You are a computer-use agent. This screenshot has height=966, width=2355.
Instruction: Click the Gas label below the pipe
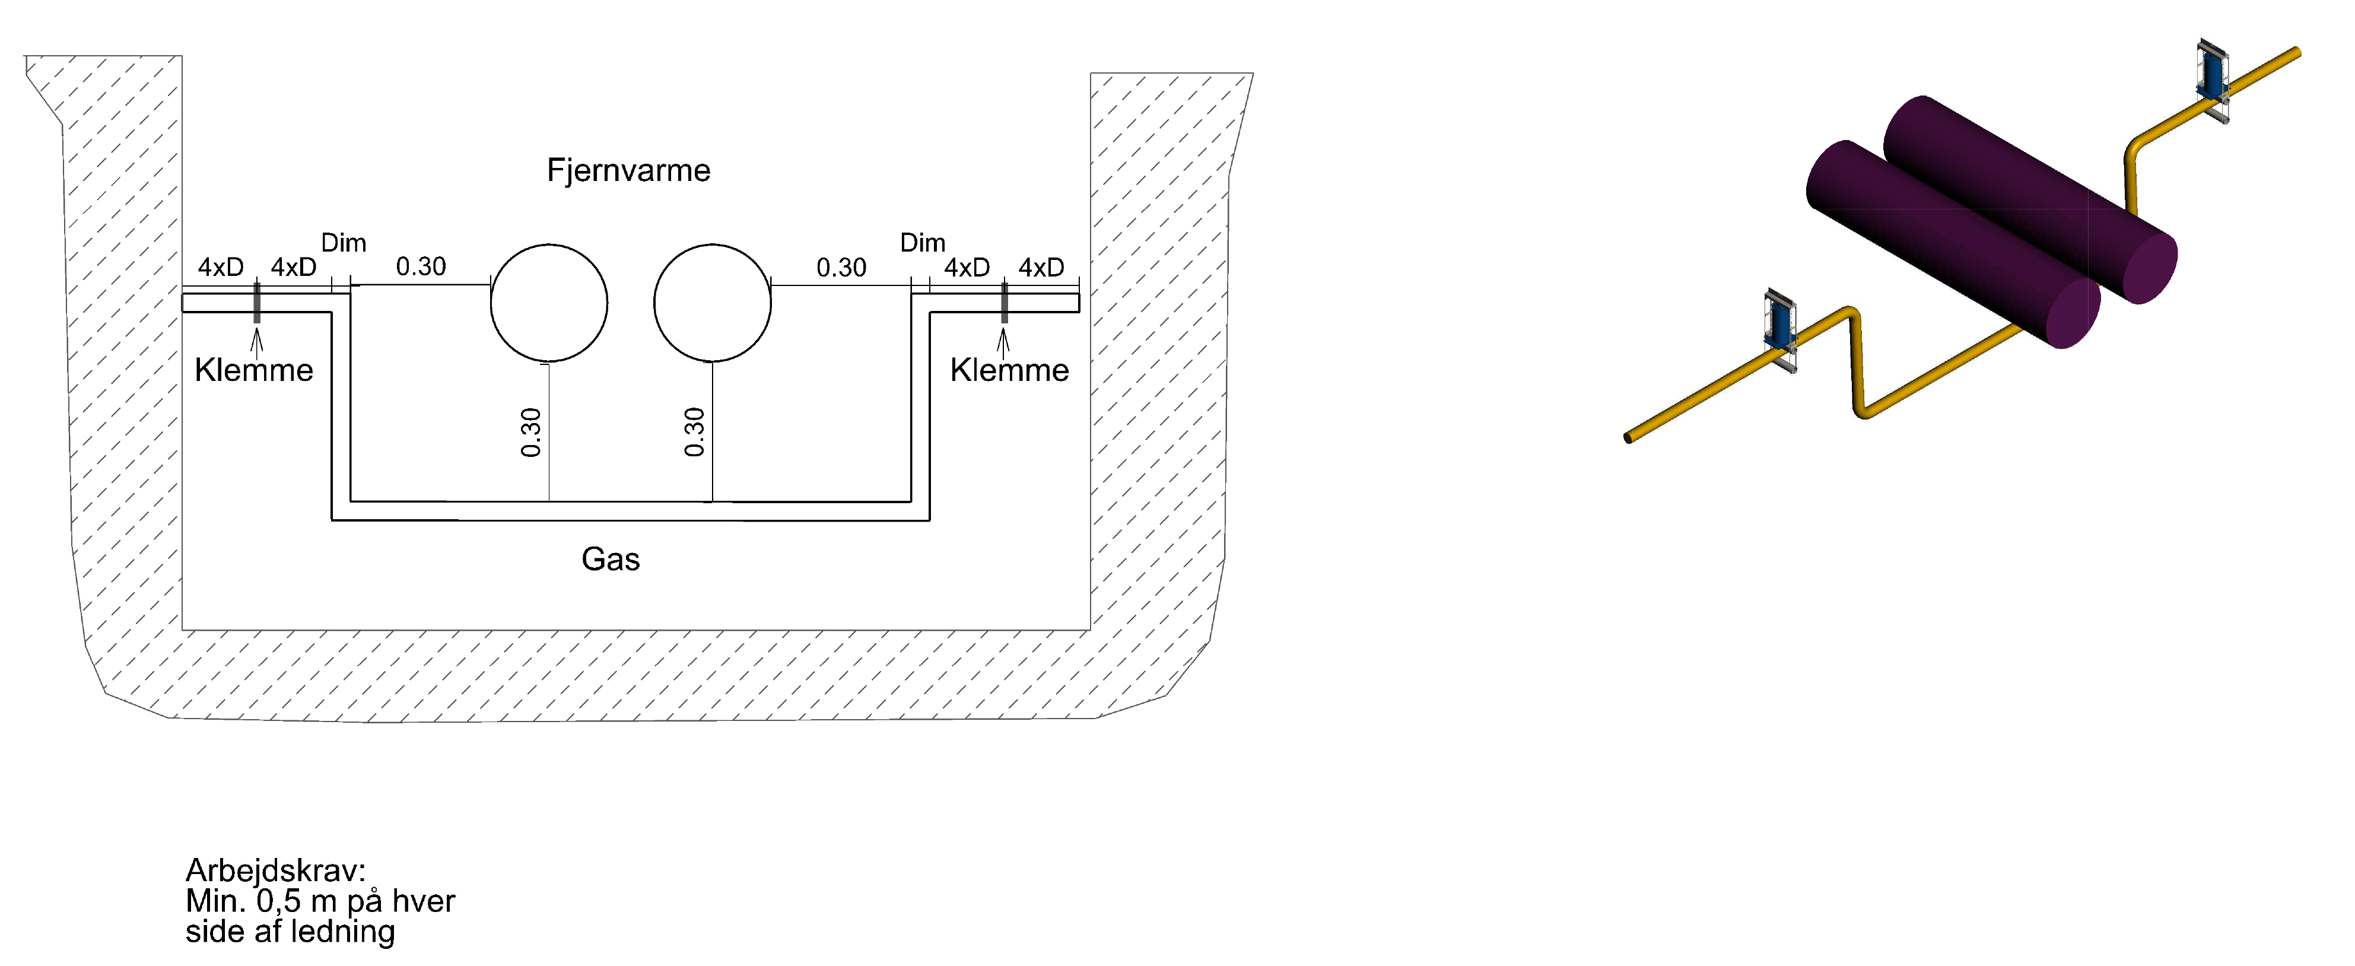[611, 558]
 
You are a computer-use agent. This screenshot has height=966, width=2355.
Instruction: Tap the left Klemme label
[254, 370]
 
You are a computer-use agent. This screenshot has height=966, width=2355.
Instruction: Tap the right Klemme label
[1009, 370]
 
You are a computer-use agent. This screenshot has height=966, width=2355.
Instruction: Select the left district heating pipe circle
[548, 303]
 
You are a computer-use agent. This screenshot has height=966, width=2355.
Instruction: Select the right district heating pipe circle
[712, 303]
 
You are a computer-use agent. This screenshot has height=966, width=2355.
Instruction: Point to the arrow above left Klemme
[257, 341]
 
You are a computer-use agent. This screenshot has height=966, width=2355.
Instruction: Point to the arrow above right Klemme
[1004, 341]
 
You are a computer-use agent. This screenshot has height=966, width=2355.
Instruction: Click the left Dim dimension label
[344, 243]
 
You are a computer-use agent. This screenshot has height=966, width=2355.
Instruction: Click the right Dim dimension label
[923, 243]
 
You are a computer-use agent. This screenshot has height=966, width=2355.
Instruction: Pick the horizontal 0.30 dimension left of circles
[421, 267]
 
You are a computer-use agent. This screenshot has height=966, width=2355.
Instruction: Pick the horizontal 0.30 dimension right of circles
[841, 268]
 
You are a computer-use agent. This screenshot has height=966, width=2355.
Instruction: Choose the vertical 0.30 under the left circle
[531, 433]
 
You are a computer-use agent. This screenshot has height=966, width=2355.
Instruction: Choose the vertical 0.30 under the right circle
[695, 433]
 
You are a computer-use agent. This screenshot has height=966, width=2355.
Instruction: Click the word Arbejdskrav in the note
[275, 870]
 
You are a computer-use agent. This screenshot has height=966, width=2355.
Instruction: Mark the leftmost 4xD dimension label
[221, 267]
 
